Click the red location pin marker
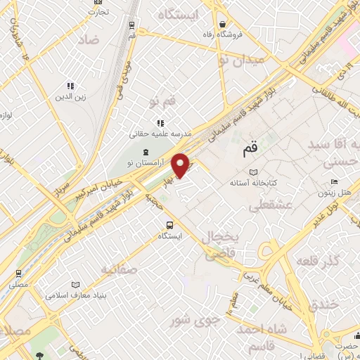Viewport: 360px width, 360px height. tap(181, 165)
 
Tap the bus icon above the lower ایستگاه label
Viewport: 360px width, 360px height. tap(169, 225)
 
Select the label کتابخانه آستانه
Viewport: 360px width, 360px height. tap(254, 183)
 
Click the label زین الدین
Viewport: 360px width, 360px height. tap(70, 97)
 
